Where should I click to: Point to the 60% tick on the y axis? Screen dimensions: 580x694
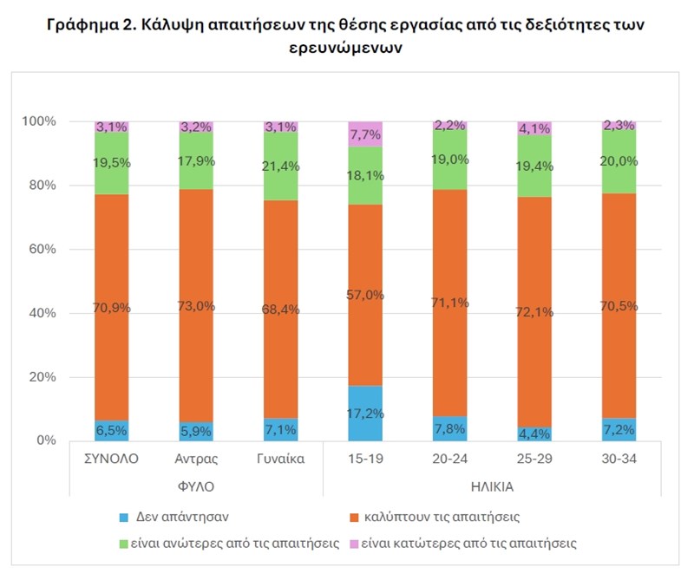pos(42,250)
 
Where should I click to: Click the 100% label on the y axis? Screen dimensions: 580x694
pos(38,121)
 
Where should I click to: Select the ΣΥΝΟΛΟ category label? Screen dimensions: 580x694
pos(111,459)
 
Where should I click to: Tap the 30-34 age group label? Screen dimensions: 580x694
pos(619,459)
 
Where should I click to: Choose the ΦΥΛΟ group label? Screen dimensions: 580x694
pos(195,486)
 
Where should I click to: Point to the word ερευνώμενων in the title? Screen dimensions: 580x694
pos(346,49)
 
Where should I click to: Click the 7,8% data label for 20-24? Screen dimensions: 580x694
pos(450,428)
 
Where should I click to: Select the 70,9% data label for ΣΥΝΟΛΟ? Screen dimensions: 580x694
pos(111,305)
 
